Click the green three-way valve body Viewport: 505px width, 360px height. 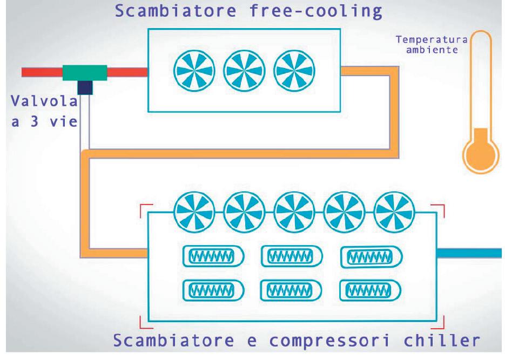(85, 73)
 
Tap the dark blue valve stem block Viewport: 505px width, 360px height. (85, 87)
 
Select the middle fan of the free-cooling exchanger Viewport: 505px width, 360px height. (244, 71)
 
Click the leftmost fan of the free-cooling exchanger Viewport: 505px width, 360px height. (194, 71)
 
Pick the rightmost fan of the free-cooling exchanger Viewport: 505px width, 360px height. (294, 71)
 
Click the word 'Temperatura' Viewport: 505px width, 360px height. (432, 39)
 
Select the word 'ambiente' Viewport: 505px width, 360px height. (432, 50)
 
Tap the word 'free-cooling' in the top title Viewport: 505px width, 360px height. (315, 11)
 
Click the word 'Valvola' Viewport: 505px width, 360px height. (44, 101)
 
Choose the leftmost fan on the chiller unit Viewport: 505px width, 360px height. (194, 212)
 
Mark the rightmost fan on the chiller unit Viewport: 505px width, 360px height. (394, 212)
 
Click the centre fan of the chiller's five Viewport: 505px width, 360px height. (294, 212)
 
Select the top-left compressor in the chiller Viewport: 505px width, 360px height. (213, 256)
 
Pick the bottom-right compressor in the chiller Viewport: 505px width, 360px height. (371, 290)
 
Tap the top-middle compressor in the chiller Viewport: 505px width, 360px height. (292, 256)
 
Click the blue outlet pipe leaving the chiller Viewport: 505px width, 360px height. (469, 253)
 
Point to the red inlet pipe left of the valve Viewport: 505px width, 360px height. (42, 72)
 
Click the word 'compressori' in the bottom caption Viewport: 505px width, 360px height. (329, 341)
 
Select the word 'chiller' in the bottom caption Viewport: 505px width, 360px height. (442, 340)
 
